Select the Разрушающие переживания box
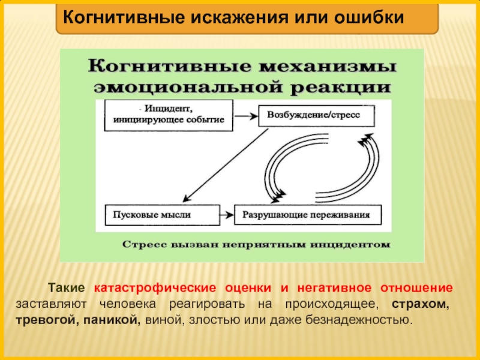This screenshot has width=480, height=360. pos(310,214)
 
